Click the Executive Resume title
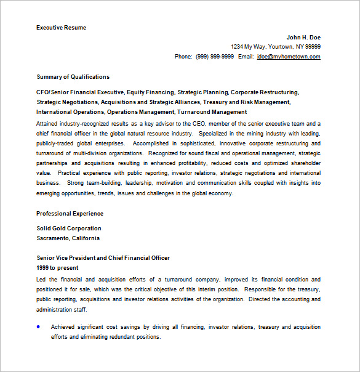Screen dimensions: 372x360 [61, 28]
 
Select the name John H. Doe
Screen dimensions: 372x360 [303, 37]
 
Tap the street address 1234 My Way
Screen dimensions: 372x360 [253, 47]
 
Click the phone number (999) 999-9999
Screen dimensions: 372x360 [215, 57]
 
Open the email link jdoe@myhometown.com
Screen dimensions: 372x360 [289, 57]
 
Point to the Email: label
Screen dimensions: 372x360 [246, 57]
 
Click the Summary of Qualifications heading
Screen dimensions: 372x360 [73, 77]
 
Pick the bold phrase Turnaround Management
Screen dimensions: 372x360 [212, 112]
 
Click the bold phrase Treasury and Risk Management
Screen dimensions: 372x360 [246, 102]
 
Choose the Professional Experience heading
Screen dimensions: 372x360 [70, 214]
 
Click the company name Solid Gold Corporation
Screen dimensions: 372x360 [69, 228]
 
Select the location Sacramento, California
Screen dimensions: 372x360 [68, 238]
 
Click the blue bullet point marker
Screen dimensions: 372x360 [39, 326]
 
